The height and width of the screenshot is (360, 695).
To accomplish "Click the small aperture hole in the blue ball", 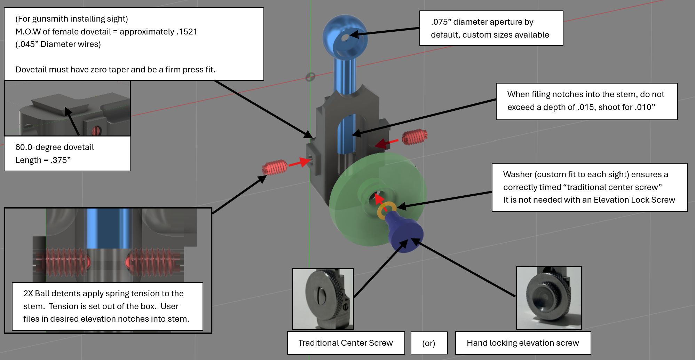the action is (x=345, y=38).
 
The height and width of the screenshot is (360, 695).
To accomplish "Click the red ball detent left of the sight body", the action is (x=275, y=167).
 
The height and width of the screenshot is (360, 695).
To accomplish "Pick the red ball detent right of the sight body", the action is (x=414, y=137).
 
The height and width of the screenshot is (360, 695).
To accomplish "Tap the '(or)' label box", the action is (x=429, y=343).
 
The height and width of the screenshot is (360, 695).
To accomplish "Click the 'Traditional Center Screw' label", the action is (x=346, y=343).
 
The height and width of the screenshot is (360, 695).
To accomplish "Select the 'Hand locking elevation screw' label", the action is (x=523, y=343).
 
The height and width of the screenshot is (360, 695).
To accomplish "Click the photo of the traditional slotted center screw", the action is (x=323, y=299).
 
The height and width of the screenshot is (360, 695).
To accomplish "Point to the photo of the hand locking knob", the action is (x=549, y=298).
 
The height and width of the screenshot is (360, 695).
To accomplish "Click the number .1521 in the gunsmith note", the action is (x=187, y=32).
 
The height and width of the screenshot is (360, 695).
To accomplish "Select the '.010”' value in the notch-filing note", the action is (x=645, y=107).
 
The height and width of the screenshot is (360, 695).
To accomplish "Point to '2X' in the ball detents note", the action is (x=28, y=294).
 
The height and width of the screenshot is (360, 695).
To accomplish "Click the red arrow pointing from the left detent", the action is (x=300, y=162).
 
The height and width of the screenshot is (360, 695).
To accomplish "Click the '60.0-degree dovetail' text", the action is (x=55, y=147).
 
